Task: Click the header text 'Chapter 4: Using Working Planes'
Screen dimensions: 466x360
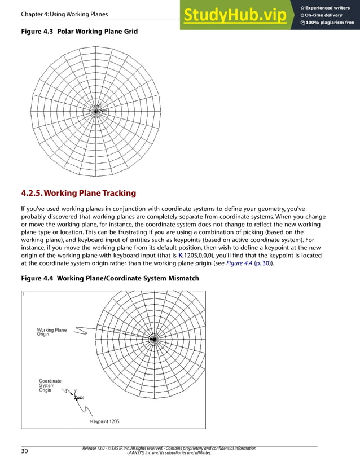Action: (x=64, y=14)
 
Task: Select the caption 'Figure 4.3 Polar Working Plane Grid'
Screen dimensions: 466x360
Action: (x=79, y=32)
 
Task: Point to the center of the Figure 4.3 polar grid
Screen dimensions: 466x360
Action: (x=97, y=111)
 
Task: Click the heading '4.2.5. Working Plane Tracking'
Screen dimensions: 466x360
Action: (x=78, y=193)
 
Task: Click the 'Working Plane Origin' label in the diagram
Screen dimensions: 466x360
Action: (x=51, y=332)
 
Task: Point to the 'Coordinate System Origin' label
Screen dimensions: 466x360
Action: (x=50, y=385)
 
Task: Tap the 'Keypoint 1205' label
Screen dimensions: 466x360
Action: (x=104, y=421)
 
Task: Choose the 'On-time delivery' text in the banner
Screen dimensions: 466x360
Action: (x=325, y=15)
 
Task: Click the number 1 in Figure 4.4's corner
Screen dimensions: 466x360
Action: (x=24, y=294)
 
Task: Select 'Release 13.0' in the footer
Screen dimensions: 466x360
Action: (x=94, y=449)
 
